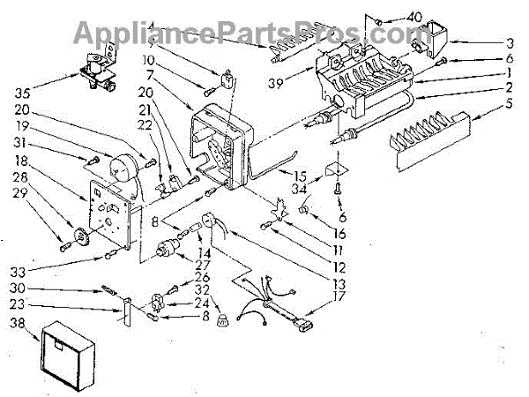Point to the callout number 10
pos(176,60)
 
